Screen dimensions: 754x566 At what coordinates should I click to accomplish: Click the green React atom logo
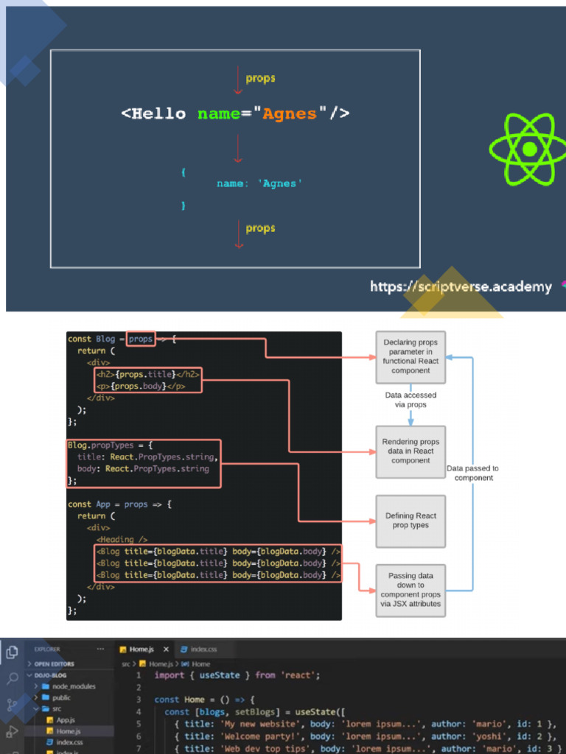(x=529, y=149)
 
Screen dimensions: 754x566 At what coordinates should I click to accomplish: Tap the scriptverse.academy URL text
(x=461, y=286)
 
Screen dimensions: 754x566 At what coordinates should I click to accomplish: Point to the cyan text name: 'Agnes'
(x=259, y=183)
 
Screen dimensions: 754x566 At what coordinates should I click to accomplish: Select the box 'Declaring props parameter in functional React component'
(x=410, y=356)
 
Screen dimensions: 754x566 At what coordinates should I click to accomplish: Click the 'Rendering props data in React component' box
(x=410, y=451)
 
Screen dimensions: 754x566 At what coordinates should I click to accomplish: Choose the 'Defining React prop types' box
(x=410, y=521)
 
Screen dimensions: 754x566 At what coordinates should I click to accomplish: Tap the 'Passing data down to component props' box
(x=410, y=590)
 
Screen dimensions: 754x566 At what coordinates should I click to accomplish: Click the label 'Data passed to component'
(x=472, y=473)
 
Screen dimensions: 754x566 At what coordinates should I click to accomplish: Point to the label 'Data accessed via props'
(x=410, y=400)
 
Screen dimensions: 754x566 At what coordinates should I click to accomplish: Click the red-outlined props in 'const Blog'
(x=140, y=339)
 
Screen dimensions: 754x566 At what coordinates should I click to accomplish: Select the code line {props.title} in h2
(x=147, y=374)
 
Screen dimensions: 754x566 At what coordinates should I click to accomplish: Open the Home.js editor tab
(x=140, y=649)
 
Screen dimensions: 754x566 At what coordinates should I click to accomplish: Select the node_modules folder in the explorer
(x=73, y=686)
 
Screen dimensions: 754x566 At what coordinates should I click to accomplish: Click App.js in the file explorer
(x=65, y=720)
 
